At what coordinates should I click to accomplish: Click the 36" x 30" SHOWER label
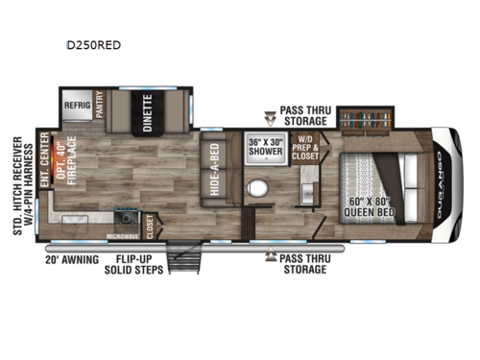(264, 146)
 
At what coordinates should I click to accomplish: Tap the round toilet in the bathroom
(258, 186)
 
